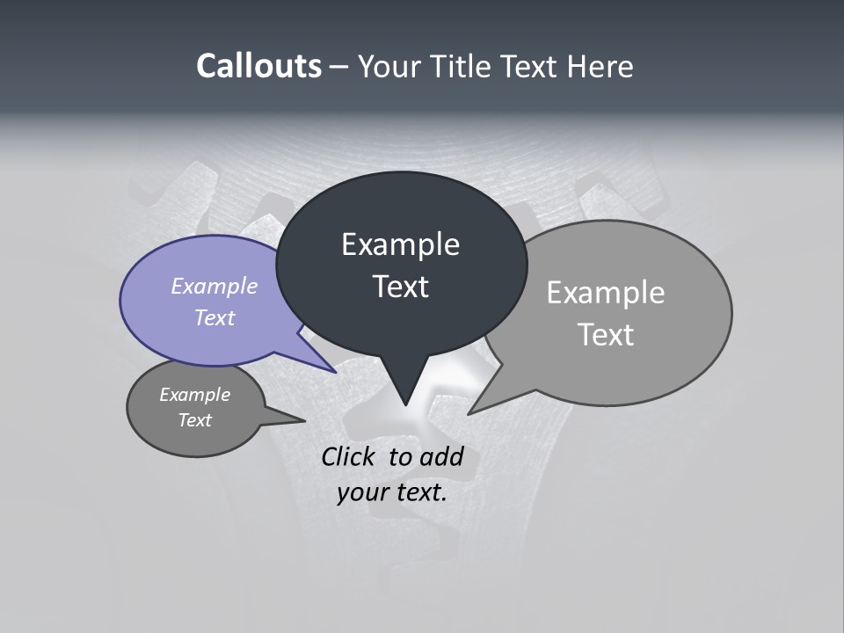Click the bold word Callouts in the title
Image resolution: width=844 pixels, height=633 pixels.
(x=258, y=66)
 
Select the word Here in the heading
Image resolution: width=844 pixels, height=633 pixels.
(x=600, y=66)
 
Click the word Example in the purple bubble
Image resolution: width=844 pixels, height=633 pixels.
(x=215, y=286)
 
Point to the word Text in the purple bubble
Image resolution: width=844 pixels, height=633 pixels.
(x=215, y=317)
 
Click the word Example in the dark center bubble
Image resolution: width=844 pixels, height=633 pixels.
(x=400, y=244)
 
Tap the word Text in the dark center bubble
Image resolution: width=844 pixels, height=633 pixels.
(x=400, y=287)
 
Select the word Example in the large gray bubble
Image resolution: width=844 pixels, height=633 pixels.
(x=606, y=293)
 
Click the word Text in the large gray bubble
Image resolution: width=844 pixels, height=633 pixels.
(x=606, y=335)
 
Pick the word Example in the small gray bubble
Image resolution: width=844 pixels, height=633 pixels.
(x=195, y=395)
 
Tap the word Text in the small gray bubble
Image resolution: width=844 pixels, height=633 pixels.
(x=195, y=420)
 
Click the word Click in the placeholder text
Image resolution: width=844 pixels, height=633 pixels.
(x=351, y=456)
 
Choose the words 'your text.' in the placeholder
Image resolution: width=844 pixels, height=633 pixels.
(x=392, y=492)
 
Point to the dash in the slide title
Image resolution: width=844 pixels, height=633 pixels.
(x=340, y=67)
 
